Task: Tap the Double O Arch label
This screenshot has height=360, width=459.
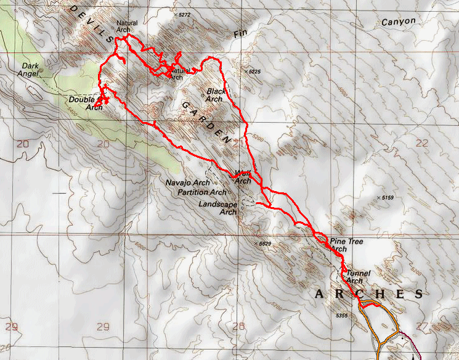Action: coord(86,103)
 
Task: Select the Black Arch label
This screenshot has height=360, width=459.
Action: coord(214,95)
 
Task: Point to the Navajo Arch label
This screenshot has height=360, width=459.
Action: coord(188,183)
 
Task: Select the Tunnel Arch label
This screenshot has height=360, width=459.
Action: coord(358,276)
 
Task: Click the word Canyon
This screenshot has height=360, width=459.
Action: coord(398,22)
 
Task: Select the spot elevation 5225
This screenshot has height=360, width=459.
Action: coord(256,72)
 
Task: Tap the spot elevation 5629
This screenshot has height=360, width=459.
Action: coord(264,243)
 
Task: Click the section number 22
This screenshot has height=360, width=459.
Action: coord(422,143)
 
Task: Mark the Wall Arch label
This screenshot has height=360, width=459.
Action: coord(243,177)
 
